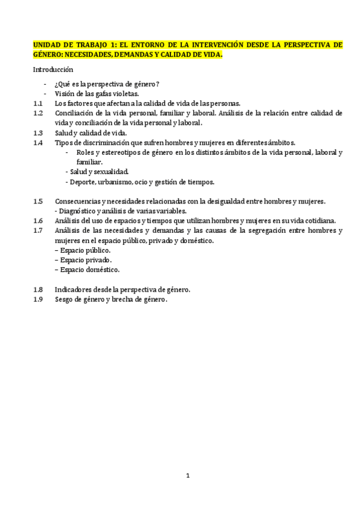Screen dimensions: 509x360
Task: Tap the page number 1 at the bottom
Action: [188, 476]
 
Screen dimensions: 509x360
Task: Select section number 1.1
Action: [38, 103]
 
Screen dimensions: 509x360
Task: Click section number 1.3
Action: [38, 133]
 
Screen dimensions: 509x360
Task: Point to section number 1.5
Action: [38, 201]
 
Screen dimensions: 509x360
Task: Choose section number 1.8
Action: [38, 289]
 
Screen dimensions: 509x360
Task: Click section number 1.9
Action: [38, 299]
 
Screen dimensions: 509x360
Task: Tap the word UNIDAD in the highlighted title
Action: [47, 44]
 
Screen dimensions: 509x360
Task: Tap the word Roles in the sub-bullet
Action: [86, 152]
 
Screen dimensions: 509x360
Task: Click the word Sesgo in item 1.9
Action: [65, 299]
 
